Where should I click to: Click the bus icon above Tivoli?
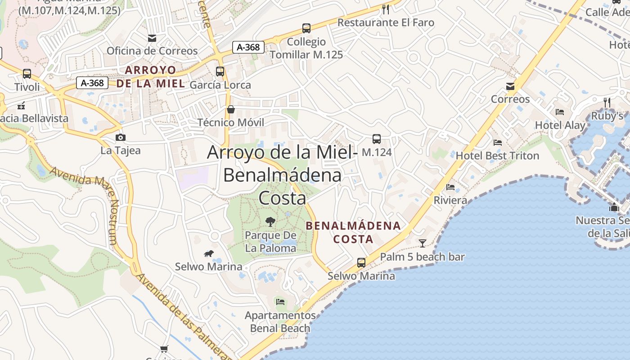(27, 74)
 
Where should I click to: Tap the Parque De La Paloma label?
(270, 242)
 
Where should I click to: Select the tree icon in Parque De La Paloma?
(270, 221)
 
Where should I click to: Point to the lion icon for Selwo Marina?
(208, 254)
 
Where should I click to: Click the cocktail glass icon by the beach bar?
(422, 243)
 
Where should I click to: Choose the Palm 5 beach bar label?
(422, 257)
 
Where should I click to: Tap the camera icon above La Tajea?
(120, 137)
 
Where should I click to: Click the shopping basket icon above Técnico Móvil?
(231, 109)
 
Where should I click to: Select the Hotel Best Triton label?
(497, 156)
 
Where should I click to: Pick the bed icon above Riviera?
(450, 187)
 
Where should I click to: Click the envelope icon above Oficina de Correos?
(152, 38)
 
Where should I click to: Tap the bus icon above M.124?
(377, 139)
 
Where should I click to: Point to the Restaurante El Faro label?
(386, 22)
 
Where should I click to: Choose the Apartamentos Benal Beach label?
(280, 322)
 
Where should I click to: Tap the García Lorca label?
(220, 85)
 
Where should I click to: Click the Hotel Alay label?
(560, 126)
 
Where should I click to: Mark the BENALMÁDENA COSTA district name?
(353, 232)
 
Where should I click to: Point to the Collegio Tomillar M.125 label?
(306, 48)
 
